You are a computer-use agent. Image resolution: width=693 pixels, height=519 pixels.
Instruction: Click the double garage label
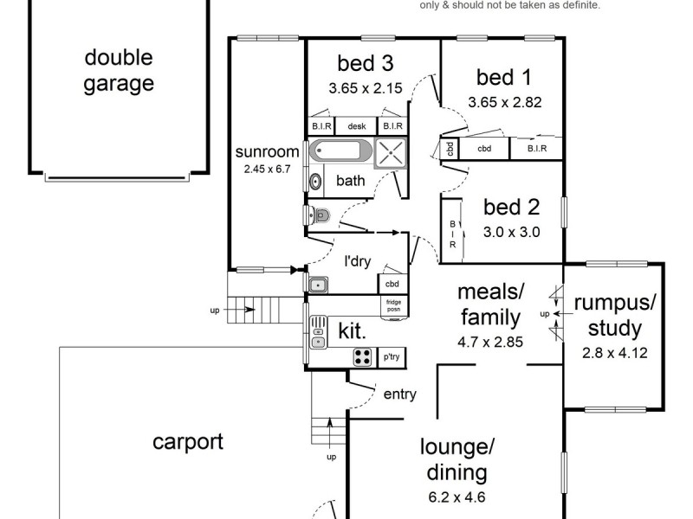119,71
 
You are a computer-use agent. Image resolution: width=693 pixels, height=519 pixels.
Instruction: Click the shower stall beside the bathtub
391,153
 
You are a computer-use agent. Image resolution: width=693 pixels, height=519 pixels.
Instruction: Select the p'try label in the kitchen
391,356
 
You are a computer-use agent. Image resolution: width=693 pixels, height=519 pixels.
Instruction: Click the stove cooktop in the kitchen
362,356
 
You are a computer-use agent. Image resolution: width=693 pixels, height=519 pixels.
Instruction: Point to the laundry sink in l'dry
317,284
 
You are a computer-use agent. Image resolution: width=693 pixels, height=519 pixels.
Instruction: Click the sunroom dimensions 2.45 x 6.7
267,170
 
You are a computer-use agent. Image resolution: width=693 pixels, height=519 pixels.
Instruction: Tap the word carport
188,442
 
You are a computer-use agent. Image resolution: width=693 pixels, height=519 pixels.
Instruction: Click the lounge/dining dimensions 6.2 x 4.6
457,497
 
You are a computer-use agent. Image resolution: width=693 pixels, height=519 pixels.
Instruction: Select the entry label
399,394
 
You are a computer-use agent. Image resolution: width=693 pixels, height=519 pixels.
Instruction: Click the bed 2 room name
511,208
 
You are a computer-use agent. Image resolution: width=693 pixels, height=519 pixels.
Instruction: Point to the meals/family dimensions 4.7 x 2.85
490,342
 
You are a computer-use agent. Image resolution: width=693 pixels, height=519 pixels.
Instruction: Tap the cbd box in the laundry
392,285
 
